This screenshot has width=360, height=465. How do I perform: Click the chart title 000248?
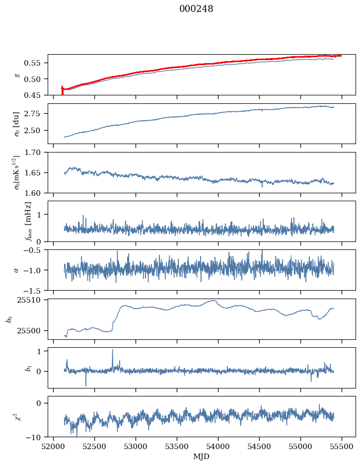pyautogui.click(x=196, y=9)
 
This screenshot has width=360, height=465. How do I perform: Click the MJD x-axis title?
pyautogui.click(x=202, y=457)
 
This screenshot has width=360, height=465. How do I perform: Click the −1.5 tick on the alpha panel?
pyautogui.click(x=34, y=290)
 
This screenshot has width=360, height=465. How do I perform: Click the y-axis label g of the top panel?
pyautogui.click(x=17, y=75)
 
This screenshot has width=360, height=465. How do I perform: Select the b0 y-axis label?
pyautogui.click(x=8, y=318)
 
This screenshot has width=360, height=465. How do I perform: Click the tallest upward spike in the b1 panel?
pyautogui.click(x=112, y=349)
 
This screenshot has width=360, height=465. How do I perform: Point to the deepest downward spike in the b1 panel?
pyautogui.click(x=86, y=386)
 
